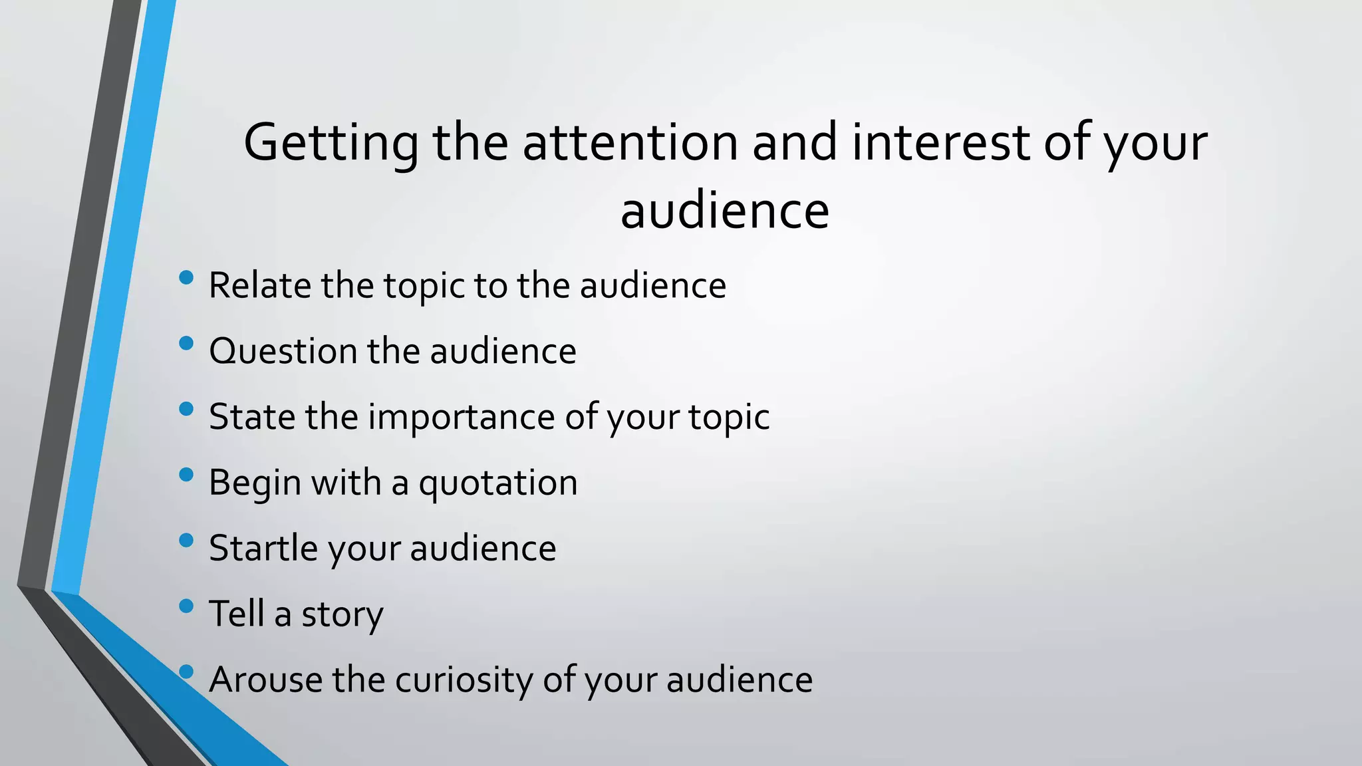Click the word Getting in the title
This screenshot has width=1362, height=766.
[331, 143]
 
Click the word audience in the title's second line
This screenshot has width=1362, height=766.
[724, 211]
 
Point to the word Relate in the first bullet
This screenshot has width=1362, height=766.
[259, 285]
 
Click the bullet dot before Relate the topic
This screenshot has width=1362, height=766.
[186, 277]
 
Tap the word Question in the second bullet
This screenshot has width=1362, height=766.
[283, 351]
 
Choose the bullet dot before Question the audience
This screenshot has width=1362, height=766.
[186, 343]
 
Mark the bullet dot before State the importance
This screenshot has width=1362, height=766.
[186, 409]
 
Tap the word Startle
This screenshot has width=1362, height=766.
[263, 548]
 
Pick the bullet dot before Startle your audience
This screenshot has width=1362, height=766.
[186, 540]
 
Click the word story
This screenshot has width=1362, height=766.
[342, 614]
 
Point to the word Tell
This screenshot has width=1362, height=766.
[236, 613]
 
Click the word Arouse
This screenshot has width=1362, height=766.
[265, 680]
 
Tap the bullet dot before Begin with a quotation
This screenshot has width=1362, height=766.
[186, 474]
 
